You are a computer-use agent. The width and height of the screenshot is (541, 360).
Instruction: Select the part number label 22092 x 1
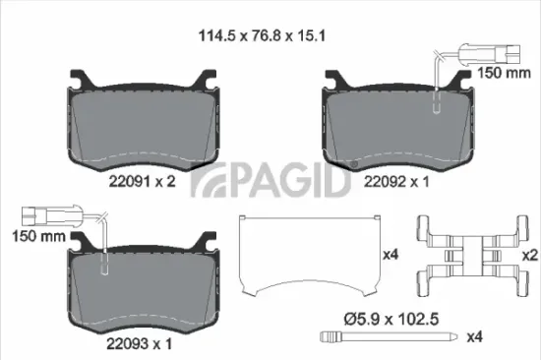pyautogui.click(x=397, y=181)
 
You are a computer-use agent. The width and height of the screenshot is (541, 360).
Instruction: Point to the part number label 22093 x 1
pyautogui.click(x=141, y=343)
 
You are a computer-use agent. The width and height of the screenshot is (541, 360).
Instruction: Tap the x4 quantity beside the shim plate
pyautogui.click(x=391, y=254)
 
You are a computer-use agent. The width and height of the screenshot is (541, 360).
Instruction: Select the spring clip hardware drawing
pyautogui.click(x=469, y=254)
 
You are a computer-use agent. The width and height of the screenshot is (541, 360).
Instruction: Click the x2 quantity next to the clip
pyautogui.click(x=529, y=255)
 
